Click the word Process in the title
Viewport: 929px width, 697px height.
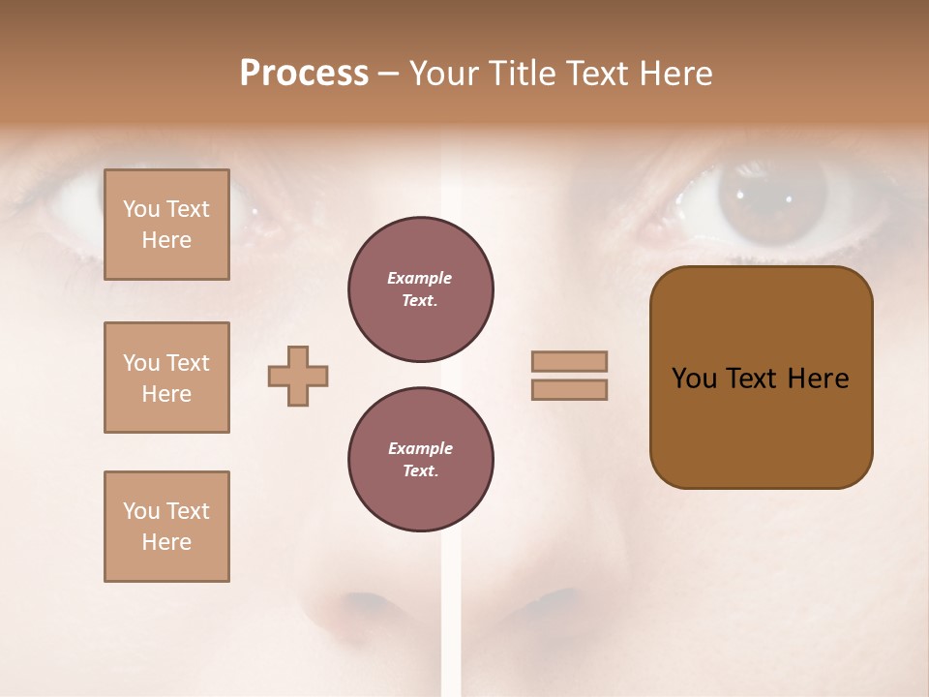(304, 74)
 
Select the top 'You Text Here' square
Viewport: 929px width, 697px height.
(166, 225)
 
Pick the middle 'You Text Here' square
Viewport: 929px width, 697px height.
(166, 378)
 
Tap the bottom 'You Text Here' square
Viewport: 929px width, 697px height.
(166, 527)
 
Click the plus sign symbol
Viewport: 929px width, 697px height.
(298, 376)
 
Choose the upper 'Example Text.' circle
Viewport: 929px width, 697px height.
(420, 289)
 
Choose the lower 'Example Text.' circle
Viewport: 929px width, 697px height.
(420, 460)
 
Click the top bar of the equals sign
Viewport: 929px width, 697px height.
(569, 362)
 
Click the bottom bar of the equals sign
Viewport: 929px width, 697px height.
(569, 390)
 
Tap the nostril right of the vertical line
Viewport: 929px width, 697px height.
(547, 606)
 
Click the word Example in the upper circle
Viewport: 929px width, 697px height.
(420, 278)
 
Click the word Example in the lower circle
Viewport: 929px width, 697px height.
(420, 448)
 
